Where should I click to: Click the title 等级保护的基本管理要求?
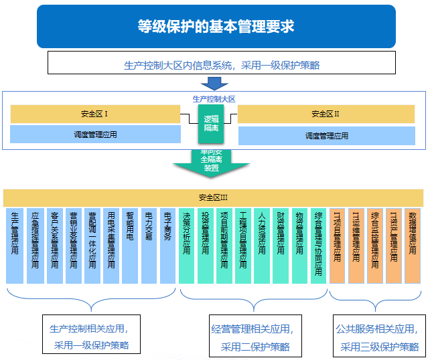point(216,27)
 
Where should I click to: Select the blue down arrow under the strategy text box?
point(215,83)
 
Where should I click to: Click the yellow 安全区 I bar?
point(95,114)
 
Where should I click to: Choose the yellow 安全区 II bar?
point(326,114)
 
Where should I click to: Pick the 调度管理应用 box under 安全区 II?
point(326,136)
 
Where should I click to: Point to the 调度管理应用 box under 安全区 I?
point(95,134)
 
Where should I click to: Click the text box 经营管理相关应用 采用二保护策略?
point(251,337)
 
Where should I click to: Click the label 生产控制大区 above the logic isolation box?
point(214,98)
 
